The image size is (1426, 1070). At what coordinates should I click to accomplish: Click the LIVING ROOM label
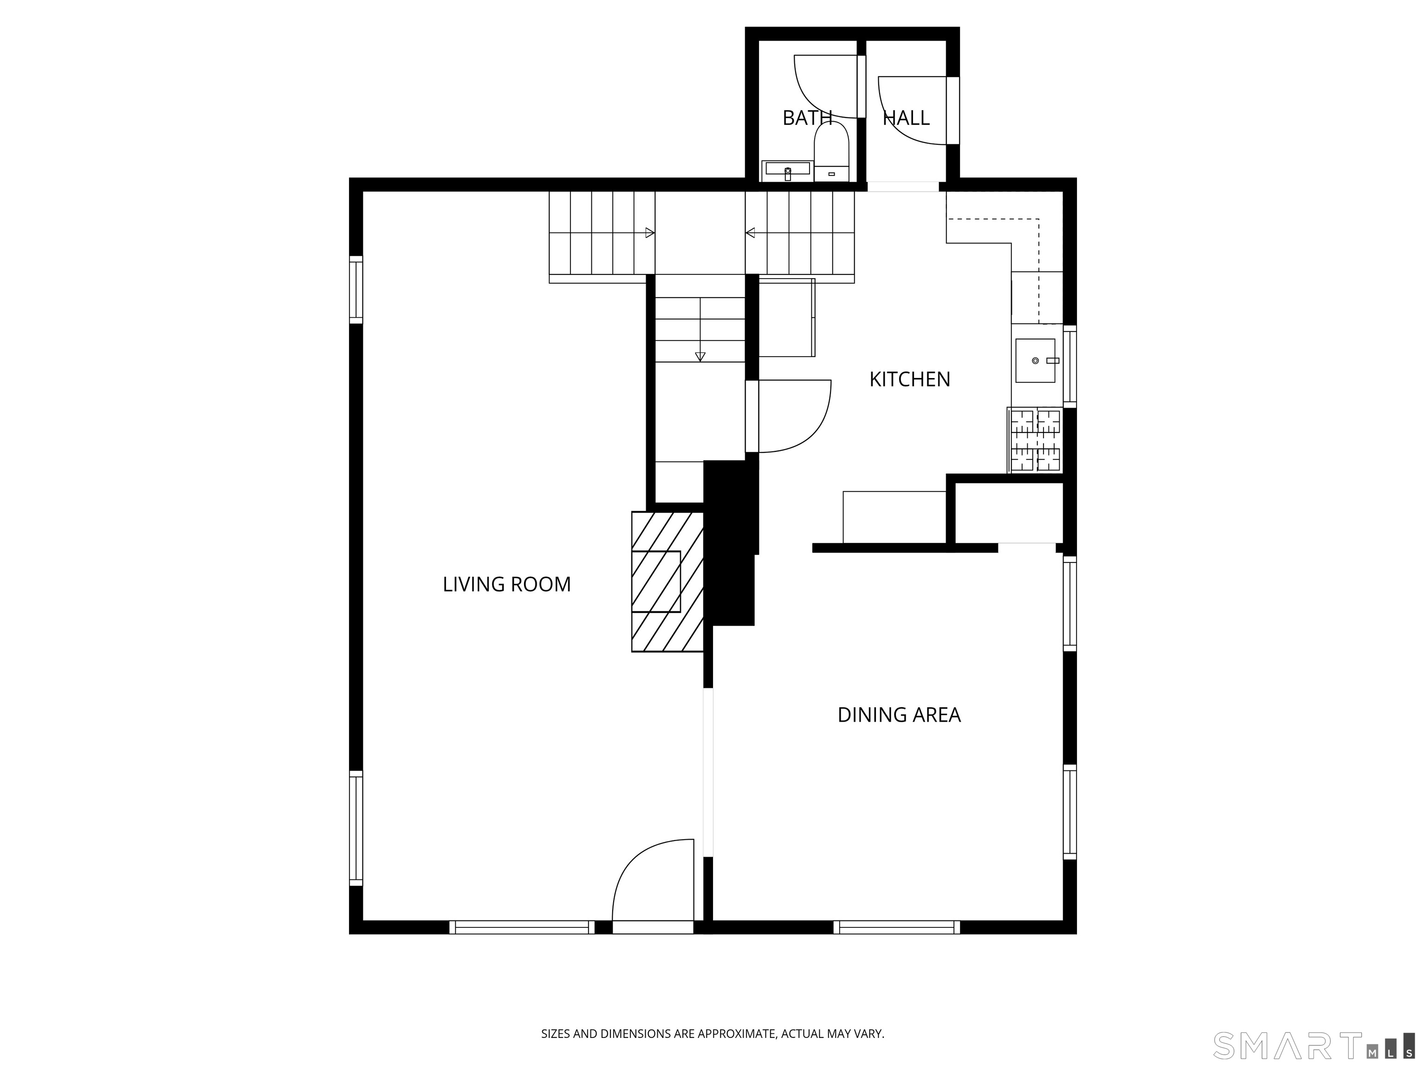tap(507, 584)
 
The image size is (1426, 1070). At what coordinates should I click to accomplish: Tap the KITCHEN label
tap(910, 379)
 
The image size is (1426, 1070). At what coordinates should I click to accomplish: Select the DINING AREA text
tap(899, 715)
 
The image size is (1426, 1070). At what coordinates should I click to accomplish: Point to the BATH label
tap(807, 117)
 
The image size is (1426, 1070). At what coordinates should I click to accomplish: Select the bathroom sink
tap(787, 171)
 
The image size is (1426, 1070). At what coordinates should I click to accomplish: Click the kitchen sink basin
tap(1035, 360)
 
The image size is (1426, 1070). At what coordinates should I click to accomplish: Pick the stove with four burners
tap(1035, 441)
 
